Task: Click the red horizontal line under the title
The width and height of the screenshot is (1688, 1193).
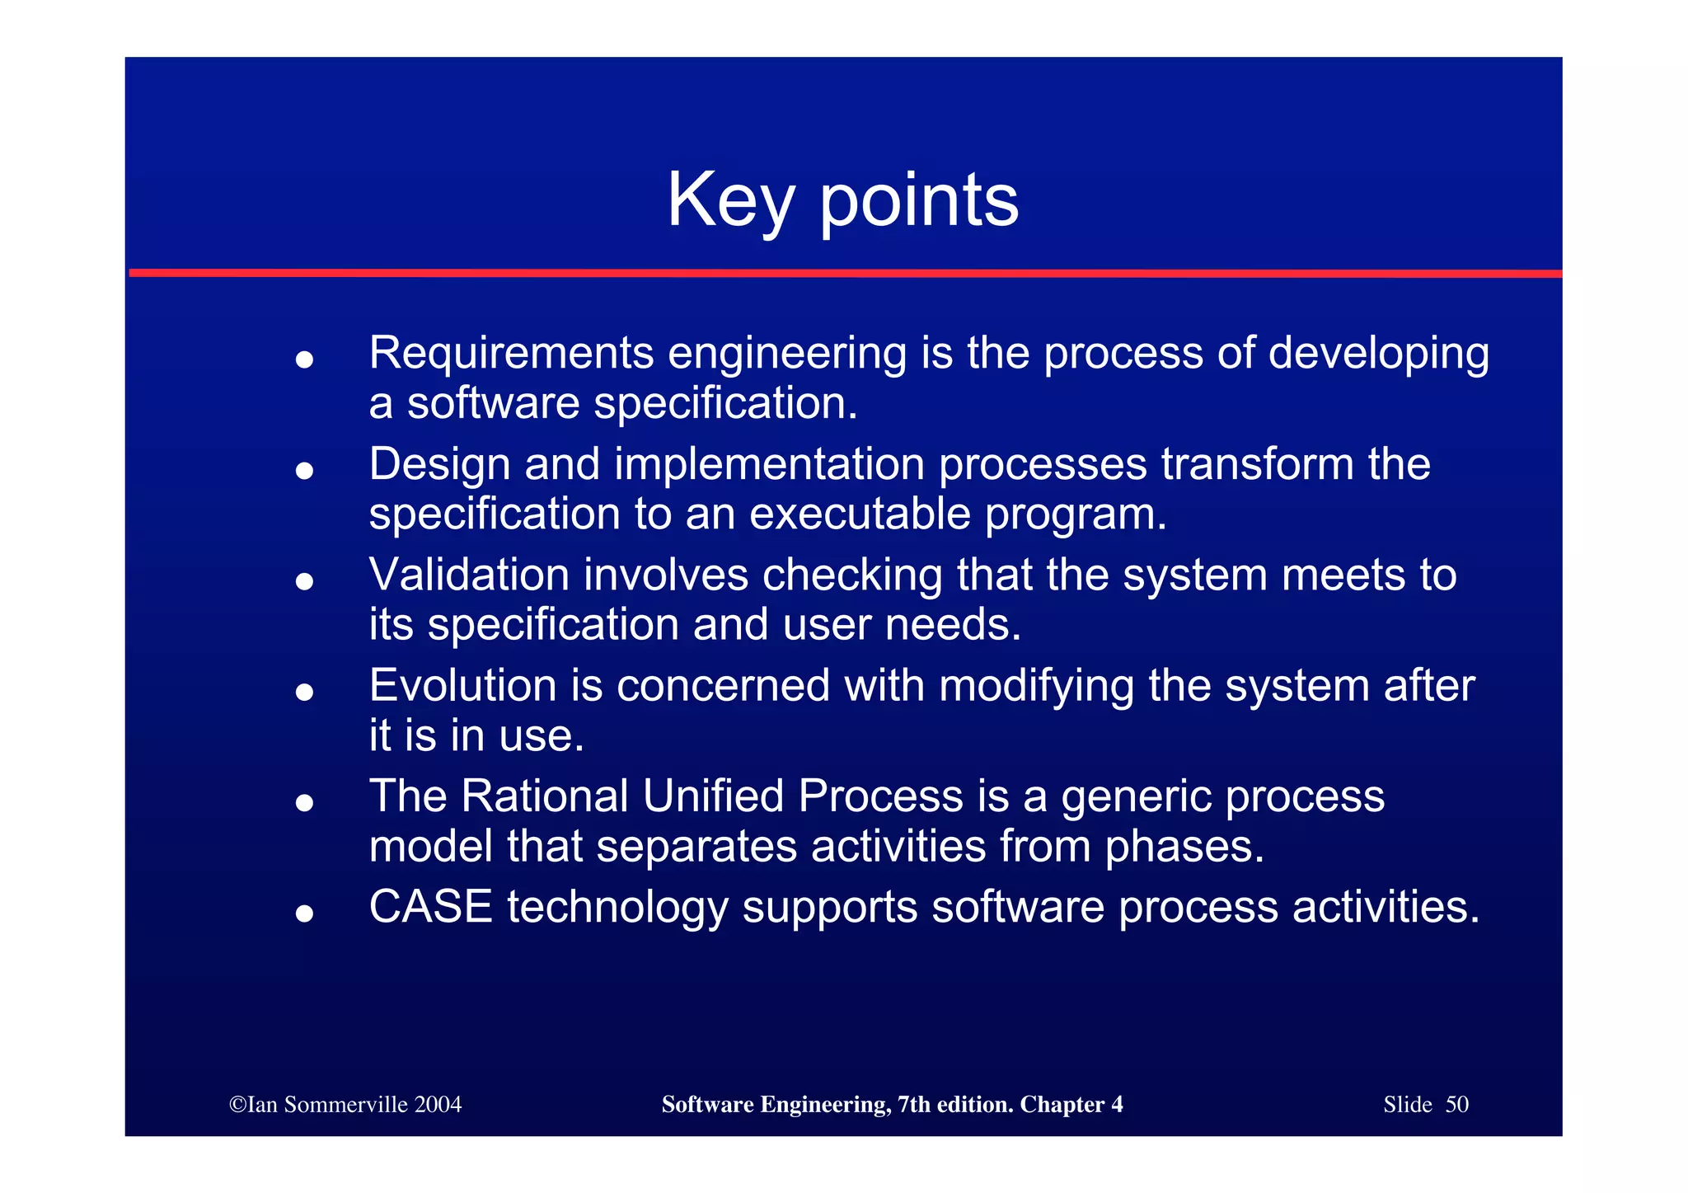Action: [844, 273]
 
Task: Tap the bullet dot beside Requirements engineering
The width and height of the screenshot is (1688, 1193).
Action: [304, 359]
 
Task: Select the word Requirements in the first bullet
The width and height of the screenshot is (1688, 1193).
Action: [511, 354]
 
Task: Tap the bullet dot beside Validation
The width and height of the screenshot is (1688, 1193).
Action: [304, 581]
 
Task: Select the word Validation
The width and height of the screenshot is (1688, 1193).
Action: [469, 575]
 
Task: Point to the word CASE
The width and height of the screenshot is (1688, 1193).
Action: [430, 907]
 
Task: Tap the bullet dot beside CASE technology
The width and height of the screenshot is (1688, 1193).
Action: [304, 914]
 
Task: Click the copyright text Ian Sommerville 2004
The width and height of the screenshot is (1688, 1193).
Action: [345, 1105]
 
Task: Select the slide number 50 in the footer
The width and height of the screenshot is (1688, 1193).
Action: [1456, 1105]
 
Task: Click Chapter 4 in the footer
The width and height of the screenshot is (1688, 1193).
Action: [1071, 1105]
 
